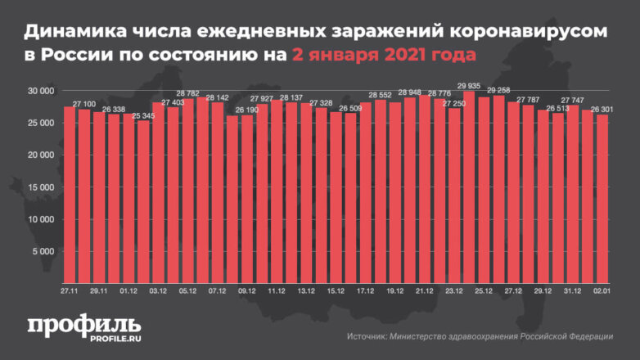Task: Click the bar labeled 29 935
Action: point(469,188)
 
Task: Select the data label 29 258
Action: point(498,90)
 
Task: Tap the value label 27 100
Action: point(84,104)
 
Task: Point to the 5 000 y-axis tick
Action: point(42,251)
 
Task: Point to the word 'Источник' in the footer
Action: point(369,336)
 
